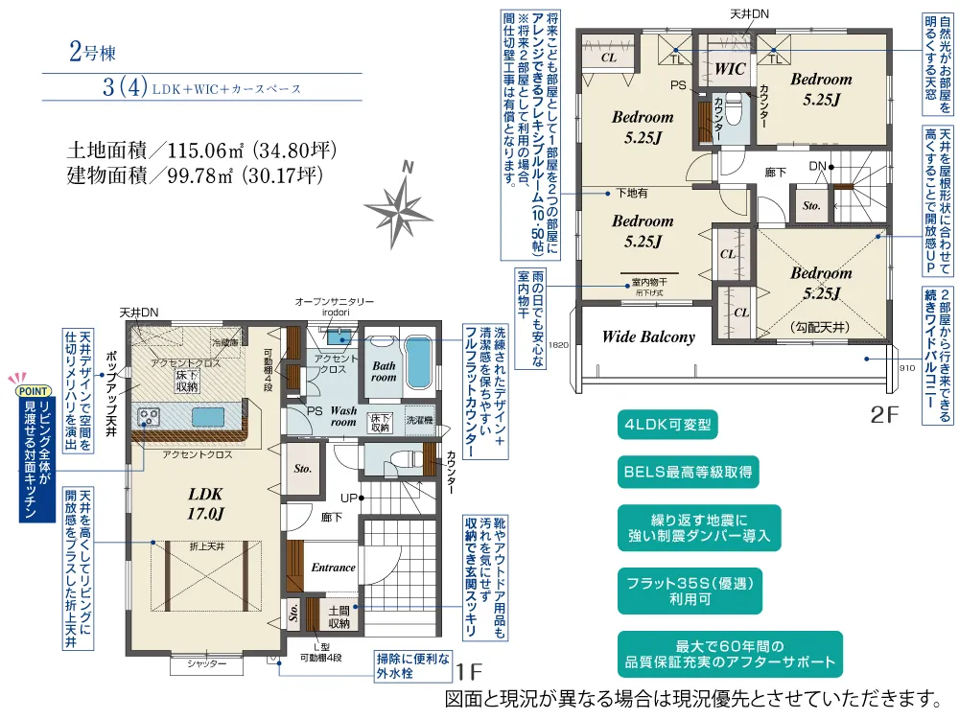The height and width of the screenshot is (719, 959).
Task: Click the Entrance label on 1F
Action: (x=333, y=568)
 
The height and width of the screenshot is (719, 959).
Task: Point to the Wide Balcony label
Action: (x=648, y=336)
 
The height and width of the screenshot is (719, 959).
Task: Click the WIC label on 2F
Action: (x=731, y=69)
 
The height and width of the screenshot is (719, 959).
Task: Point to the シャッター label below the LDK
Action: (x=207, y=663)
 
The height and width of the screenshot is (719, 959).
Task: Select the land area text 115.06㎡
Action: (x=204, y=151)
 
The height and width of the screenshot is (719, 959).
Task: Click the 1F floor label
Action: (x=467, y=671)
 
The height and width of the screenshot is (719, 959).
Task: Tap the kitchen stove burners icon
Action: (x=152, y=416)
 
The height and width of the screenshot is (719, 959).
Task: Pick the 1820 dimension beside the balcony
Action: (x=562, y=346)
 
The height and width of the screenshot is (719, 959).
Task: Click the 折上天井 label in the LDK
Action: (x=205, y=545)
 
